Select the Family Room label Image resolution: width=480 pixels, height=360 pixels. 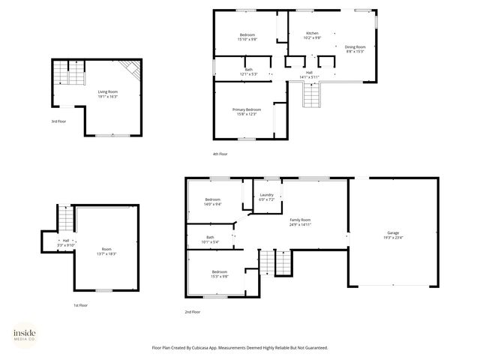tap(300, 220)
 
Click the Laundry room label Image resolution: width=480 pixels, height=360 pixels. tap(267, 195)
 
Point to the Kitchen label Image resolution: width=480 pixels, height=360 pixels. tap(313, 33)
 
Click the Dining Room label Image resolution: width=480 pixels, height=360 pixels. tap(355, 47)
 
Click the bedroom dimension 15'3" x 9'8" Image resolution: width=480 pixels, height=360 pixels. tap(219, 276)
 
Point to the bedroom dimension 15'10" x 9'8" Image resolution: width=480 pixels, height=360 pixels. tap(247, 40)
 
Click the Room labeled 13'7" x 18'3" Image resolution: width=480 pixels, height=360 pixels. tap(106, 254)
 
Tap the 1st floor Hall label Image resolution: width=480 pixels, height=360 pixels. tap(65, 240)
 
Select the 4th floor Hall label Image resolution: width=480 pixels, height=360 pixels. tap(309, 72)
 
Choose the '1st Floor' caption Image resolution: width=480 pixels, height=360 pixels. tap(80, 305)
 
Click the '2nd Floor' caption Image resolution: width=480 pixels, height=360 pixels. tap(193, 311)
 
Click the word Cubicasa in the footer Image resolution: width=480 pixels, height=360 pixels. tap(200, 347)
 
